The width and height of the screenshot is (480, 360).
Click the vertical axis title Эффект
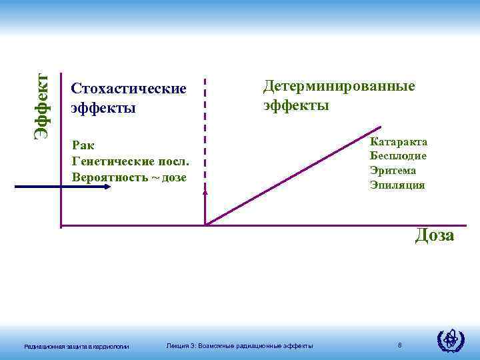pyautogui.click(x=43, y=106)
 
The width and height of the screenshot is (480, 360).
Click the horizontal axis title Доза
pyautogui.click(x=434, y=235)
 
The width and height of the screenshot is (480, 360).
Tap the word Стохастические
pyautogui.click(x=129, y=89)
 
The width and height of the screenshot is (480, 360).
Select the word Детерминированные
pyautogui.click(x=339, y=87)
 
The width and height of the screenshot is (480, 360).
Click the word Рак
pyautogui.click(x=82, y=146)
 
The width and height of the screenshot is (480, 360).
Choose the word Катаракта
pyautogui.click(x=399, y=141)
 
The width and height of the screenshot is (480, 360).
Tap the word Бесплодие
pyautogui.click(x=398, y=156)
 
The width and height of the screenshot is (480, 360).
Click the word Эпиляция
pyautogui.click(x=397, y=185)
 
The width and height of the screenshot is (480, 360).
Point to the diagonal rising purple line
pyautogui.click(x=293, y=175)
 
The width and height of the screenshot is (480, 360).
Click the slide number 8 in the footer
pyautogui.click(x=399, y=345)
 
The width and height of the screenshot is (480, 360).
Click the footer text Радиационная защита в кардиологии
pyautogui.click(x=76, y=345)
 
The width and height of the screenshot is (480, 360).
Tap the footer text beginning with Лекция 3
pyautogui.click(x=239, y=345)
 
